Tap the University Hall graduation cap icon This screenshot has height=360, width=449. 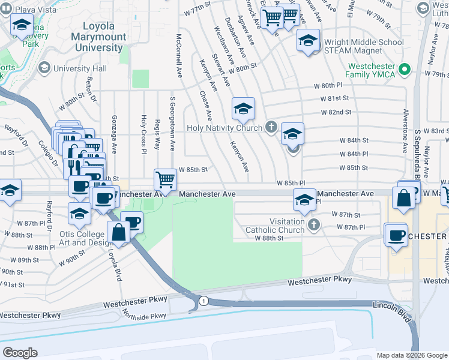tap(44, 68)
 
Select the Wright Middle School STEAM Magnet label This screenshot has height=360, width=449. tap(364, 47)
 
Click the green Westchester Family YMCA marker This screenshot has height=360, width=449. tap(405, 69)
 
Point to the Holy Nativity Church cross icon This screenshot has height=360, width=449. tap(271, 127)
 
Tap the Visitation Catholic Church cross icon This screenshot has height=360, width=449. tap(313, 225)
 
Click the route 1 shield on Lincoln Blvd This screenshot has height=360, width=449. tap(204, 301)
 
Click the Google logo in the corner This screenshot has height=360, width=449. tap(20, 353)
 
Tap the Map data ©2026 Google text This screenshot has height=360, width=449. tap(411, 355)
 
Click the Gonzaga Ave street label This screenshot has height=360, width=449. tap(113, 134)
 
